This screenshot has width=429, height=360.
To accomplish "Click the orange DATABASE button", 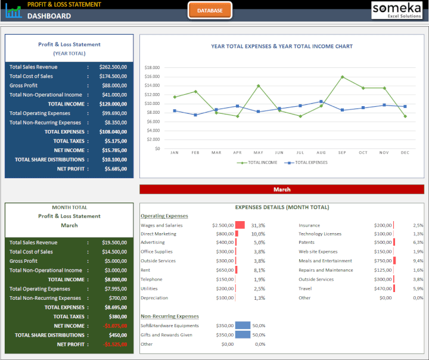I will [x=210, y=10].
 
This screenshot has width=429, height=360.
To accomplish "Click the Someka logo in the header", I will [x=396, y=10].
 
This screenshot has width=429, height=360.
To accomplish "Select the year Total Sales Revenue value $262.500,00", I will [x=113, y=67].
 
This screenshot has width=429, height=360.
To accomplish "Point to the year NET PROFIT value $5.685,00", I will [x=116, y=169].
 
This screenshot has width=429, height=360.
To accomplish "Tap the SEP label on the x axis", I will [x=342, y=153].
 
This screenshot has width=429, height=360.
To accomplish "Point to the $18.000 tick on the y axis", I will [x=152, y=68].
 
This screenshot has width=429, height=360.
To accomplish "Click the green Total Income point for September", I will [x=342, y=77].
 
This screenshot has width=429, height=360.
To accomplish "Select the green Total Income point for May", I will [x=258, y=86].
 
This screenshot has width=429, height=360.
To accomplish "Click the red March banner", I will [x=282, y=190].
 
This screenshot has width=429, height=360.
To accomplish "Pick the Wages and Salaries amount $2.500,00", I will [x=222, y=225].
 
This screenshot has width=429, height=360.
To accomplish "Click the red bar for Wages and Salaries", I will [x=240, y=225].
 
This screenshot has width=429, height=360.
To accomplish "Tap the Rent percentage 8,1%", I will [x=259, y=270].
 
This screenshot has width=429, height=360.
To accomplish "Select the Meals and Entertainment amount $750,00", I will [x=383, y=261].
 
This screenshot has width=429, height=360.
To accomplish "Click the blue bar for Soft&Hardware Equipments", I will [x=243, y=325].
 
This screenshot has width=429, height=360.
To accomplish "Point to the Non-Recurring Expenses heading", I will [x=170, y=316].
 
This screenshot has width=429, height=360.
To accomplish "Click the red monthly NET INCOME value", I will [x=115, y=326].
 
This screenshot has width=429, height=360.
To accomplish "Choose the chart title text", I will [x=282, y=46].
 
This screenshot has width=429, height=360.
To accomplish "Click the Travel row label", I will [x=305, y=288].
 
